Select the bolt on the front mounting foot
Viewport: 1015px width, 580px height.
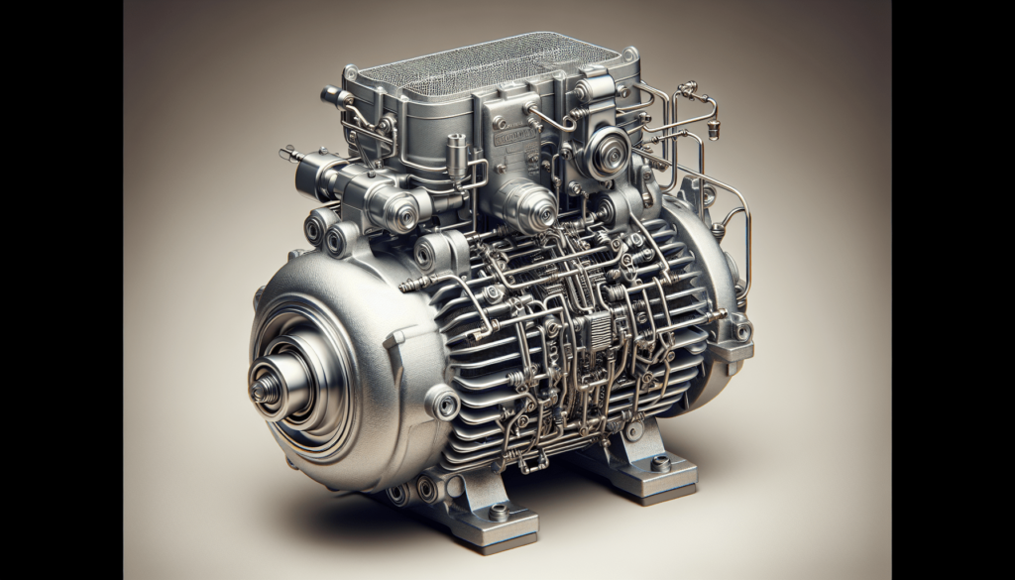[x=499, y=513]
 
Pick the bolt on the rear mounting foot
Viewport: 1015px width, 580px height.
[x=660, y=463]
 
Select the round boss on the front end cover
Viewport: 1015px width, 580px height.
[x=440, y=403]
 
